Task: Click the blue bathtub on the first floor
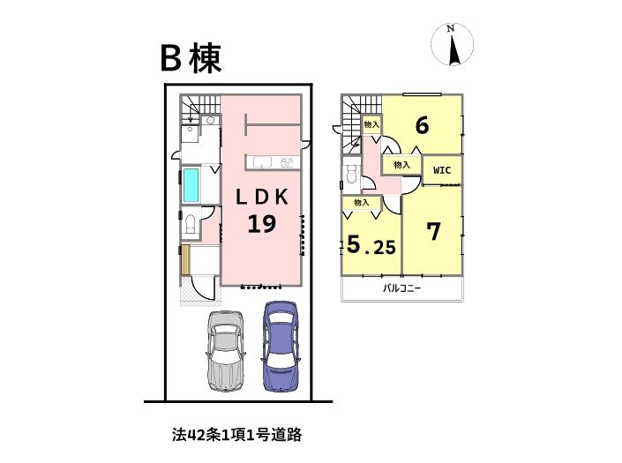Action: (x=191, y=184)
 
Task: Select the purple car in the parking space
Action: (x=280, y=346)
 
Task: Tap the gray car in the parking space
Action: (x=225, y=351)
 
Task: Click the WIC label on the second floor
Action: (x=442, y=170)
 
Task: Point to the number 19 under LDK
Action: (x=262, y=224)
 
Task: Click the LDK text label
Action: (x=262, y=197)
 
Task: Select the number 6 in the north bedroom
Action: (x=422, y=125)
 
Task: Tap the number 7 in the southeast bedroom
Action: (x=433, y=231)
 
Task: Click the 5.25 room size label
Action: (x=371, y=244)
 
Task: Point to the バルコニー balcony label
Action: (x=401, y=288)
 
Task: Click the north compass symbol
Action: (x=453, y=44)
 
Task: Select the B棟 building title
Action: (x=191, y=59)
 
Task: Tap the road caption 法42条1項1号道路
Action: (x=236, y=435)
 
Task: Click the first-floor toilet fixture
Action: (x=191, y=226)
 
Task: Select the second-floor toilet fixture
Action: (x=351, y=174)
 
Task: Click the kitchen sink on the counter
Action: (x=262, y=162)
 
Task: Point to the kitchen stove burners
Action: (x=287, y=162)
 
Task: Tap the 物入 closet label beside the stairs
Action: (x=371, y=124)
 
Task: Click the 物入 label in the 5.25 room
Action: (x=362, y=203)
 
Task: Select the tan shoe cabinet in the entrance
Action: (x=186, y=259)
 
